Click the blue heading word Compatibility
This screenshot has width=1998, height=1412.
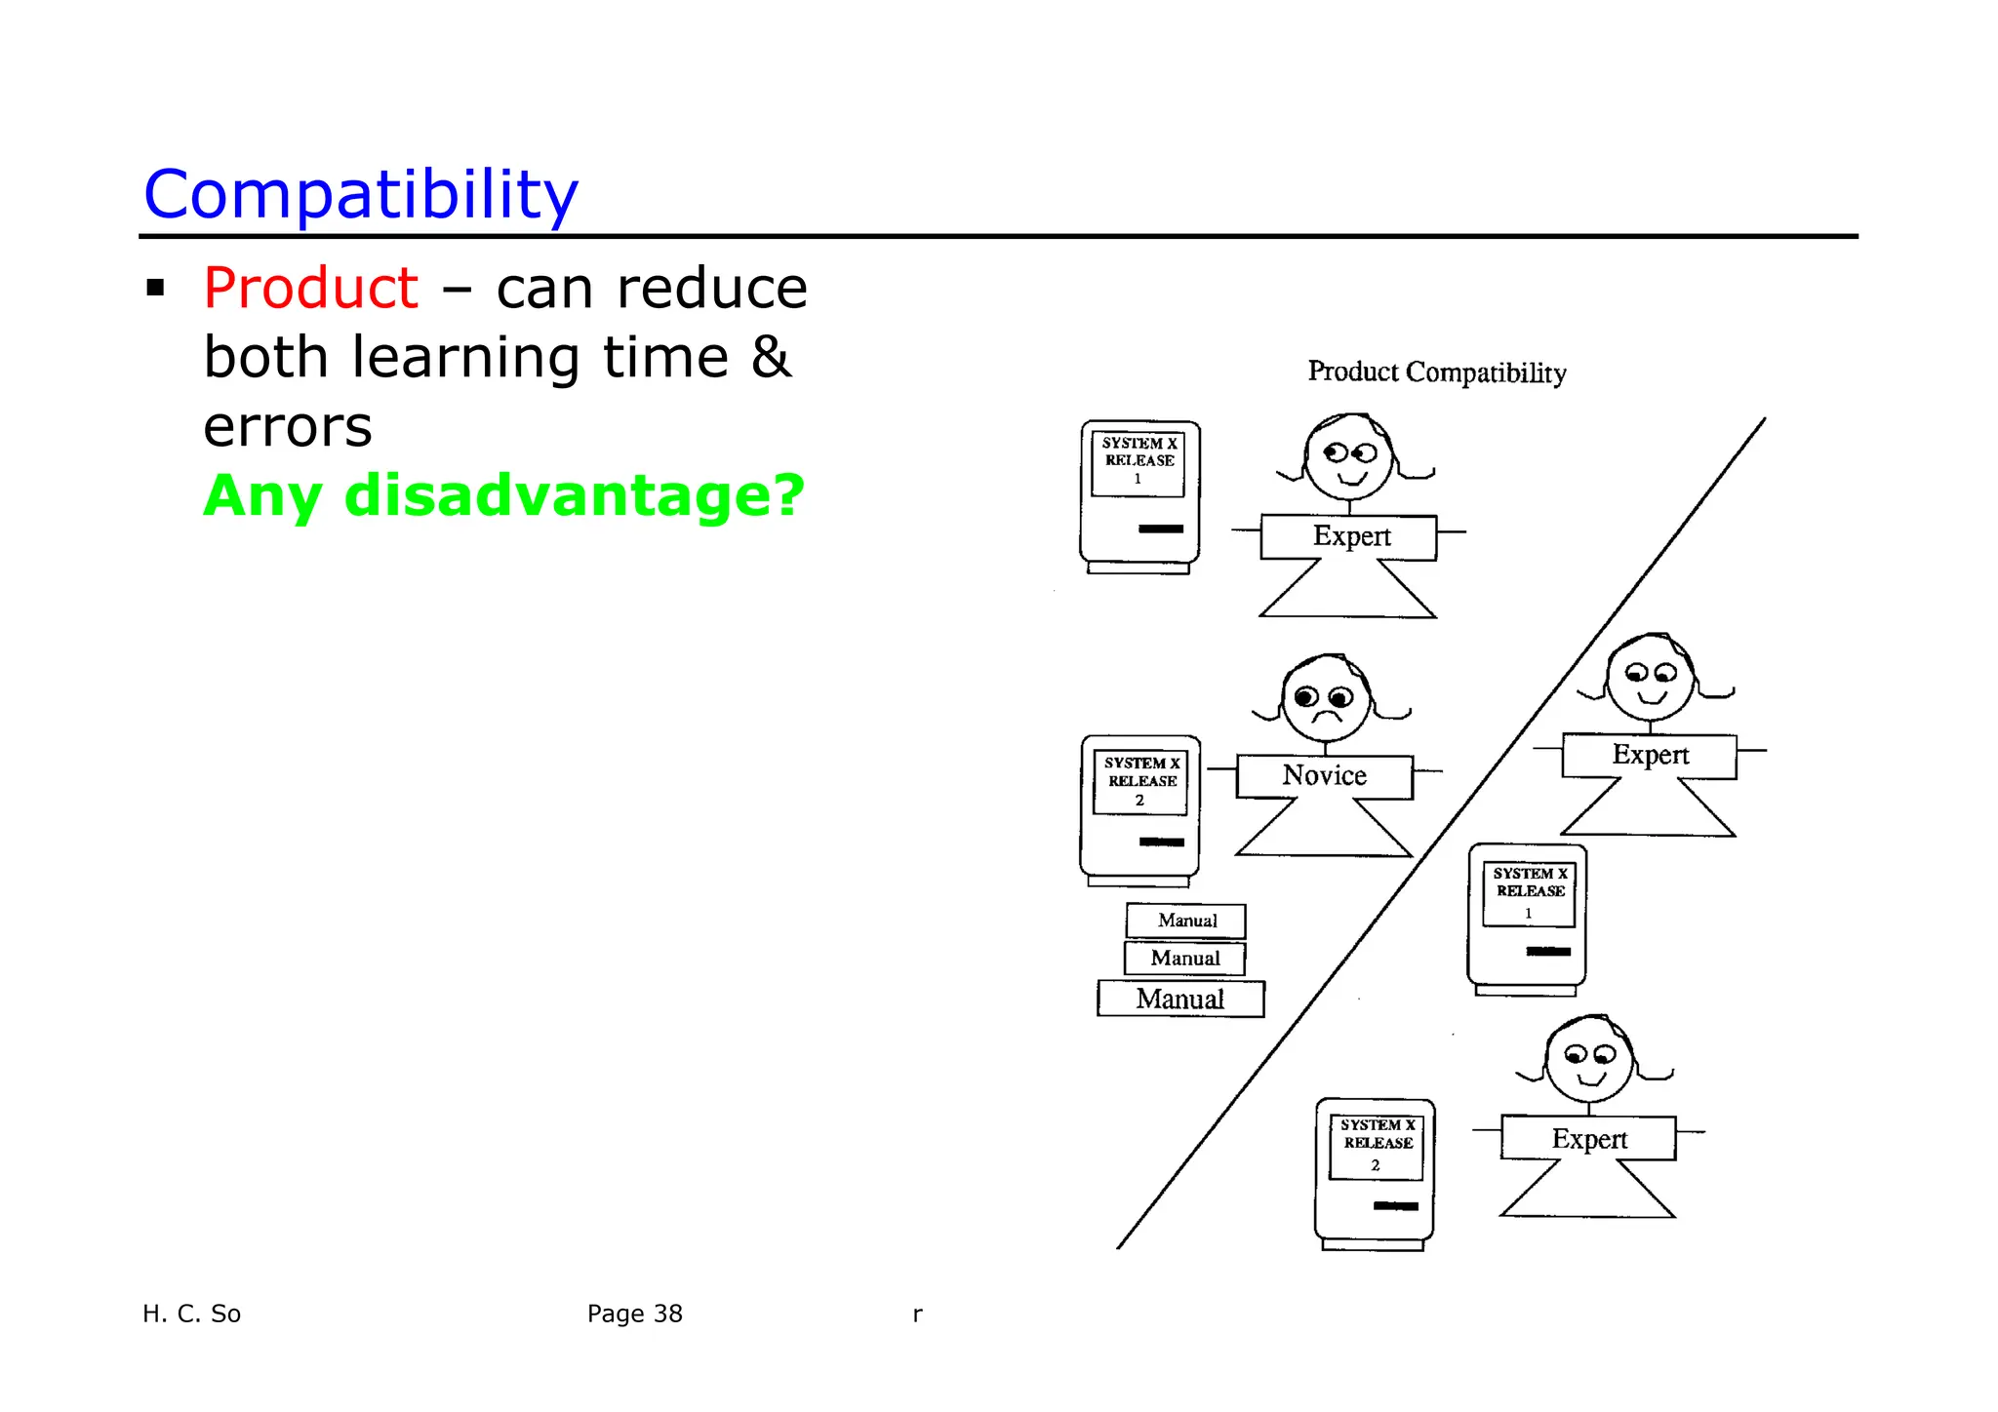[361, 195]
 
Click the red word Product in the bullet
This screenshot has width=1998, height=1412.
[310, 289]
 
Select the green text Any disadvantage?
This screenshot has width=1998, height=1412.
[503, 495]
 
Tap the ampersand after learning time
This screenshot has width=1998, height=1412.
[771, 357]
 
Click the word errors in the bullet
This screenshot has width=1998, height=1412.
[288, 427]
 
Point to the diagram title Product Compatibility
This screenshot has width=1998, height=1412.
[1436, 373]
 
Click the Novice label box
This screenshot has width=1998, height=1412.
[1324, 776]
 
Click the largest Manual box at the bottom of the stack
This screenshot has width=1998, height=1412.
[1180, 1000]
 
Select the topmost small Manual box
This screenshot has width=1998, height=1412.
[1186, 921]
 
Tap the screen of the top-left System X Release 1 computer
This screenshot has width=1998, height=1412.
[1138, 463]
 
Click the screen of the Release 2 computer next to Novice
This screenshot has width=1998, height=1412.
[1139, 782]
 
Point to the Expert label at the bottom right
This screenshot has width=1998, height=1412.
[1588, 1139]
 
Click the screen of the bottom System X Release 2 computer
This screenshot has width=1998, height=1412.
[1376, 1148]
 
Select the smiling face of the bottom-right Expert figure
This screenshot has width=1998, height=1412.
[1588, 1061]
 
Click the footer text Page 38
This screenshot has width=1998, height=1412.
[634, 1314]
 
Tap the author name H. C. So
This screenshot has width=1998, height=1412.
[191, 1314]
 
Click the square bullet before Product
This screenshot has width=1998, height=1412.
[155, 289]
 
